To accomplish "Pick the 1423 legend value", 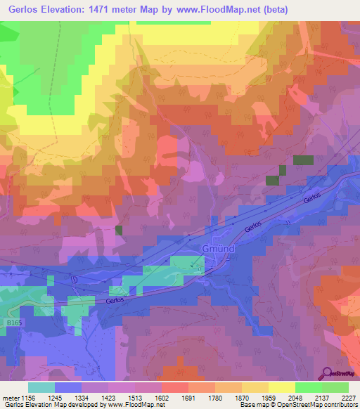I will coord(108,397).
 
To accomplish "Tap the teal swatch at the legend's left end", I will coord(41,387).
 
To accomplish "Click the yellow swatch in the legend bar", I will coord(281,387).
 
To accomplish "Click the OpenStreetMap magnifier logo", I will coord(327,372).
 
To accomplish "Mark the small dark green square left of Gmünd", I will coord(119,230).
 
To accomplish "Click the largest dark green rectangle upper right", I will coord(303,160).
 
